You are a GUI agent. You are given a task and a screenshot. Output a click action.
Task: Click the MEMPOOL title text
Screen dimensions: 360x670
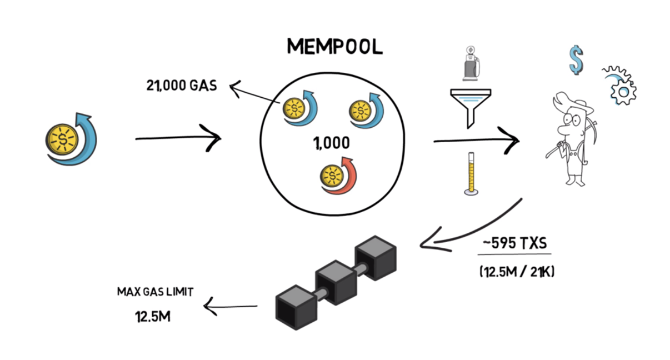[334, 47]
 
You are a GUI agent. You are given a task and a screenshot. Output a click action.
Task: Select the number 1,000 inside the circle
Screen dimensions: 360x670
[331, 143]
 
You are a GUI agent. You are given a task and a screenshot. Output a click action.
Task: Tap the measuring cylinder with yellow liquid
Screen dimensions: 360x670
[471, 173]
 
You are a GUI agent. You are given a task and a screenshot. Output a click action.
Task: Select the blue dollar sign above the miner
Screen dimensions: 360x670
[576, 60]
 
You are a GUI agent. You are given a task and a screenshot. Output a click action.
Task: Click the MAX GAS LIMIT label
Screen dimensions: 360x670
[155, 291]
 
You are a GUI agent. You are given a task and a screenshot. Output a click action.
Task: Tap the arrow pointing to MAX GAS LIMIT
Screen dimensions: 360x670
[231, 305]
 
